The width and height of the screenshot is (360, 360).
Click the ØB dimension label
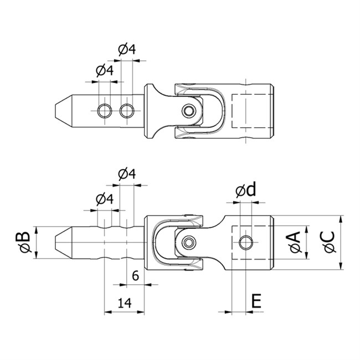pos(23,242)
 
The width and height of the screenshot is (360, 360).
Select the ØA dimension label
pos(295,242)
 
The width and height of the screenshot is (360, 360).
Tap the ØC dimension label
pos(329,242)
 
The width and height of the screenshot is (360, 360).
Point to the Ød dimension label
pos(245,190)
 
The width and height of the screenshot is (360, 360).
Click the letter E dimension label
pos(256,301)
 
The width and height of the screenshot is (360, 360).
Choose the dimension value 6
pos(136,275)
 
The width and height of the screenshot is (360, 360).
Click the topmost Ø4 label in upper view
pos(127,50)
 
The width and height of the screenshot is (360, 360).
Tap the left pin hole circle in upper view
pos(105,111)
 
